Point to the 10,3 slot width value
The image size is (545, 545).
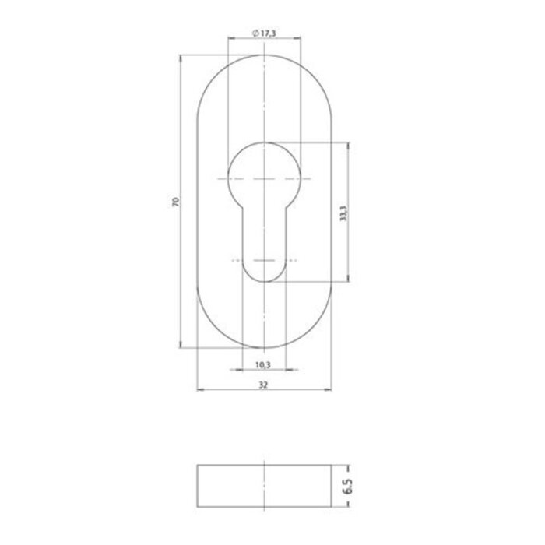tap(262, 365)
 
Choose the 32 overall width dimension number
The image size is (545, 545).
tap(265, 383)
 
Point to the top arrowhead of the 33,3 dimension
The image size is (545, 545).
tap(347, 146)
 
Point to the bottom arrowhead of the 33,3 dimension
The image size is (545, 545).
tap(347, 278)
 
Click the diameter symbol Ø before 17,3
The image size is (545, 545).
tap(255, 33)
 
